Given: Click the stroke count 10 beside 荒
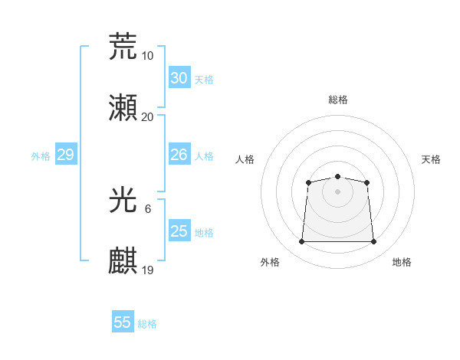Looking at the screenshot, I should (x=147, y=56).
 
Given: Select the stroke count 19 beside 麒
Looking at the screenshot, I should (x=147, y=270).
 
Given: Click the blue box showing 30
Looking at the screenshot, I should (x=179, y=78).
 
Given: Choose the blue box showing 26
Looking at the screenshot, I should (x=179, y=155).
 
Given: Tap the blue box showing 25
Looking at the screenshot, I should (x=179, y=231).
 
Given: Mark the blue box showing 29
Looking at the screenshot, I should (x=65, y=155).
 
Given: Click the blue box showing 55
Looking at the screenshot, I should (x=123, y=322).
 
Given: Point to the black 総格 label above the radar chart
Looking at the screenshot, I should (x=337, y=100).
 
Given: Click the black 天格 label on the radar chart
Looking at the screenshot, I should (x=431, y=159).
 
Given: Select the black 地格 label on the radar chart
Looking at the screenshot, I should (x=402, y=262).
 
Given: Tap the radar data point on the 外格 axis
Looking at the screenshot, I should (x=301, y=242).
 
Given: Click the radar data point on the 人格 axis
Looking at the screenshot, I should (x=308, y=182).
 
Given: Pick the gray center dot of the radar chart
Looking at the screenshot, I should (x=337, y=191).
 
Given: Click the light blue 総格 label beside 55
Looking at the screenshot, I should (x=147, y=324).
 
